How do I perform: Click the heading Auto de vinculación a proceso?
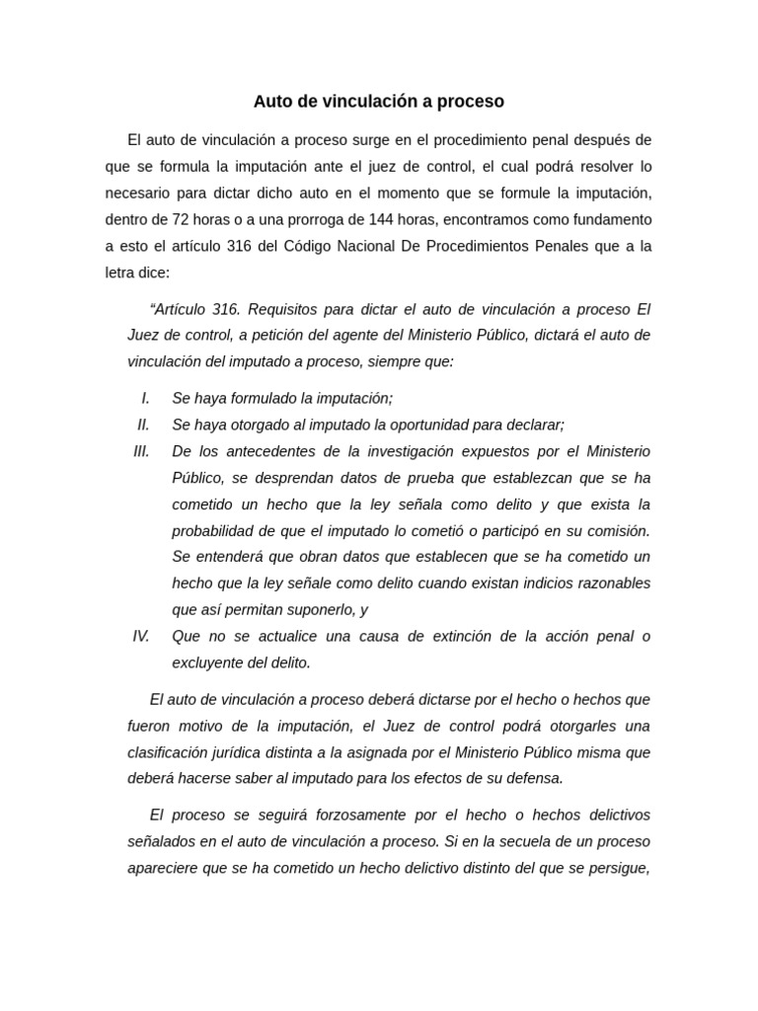(378, 102)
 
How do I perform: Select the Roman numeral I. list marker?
(145, 398)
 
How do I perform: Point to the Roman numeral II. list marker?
(143, 425)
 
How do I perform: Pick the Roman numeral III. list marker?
(141, 451)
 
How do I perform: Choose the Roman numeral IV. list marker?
(141, 636)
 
